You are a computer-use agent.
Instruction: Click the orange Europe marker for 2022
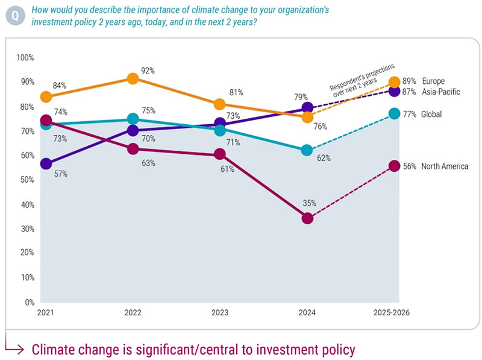pos(133,79)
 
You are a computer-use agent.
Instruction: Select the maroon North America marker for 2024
pos(307,218)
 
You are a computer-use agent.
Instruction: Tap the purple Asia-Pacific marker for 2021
pos(46,163)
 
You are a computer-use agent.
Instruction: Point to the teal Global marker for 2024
pos(307,150)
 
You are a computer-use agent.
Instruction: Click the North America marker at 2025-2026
pos(394,166)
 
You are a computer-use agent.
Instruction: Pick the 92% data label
pos(148,71)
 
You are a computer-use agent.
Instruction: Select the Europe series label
pos(433,81)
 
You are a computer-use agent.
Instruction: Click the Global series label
pos(433,113)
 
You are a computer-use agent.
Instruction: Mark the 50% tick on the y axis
pos(27,180)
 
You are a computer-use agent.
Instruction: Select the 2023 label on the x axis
pos(220,313)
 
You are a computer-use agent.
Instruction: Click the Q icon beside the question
pos(13,15)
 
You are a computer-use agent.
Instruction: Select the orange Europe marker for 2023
pos(220,105)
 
